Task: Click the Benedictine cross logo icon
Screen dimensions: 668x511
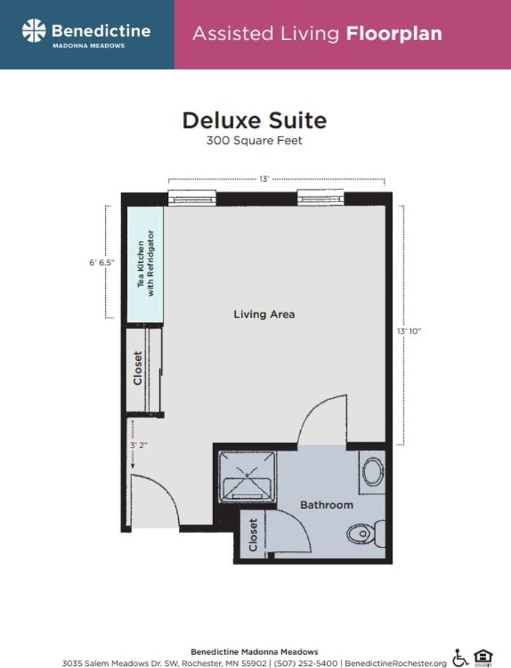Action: (34, 31)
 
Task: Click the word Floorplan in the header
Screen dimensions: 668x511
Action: (393, 34)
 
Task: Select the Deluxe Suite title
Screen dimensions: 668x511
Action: (254, 120)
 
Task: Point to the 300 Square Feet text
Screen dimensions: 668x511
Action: (254, 140)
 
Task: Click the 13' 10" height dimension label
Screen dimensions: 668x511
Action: (409, 331)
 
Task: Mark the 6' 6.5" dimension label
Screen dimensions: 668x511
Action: (103, 261)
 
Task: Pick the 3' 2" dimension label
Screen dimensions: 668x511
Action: (139, 444)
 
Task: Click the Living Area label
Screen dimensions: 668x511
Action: (264, 314)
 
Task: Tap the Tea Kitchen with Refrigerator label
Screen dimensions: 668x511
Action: (146, 264)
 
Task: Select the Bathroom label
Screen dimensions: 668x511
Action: (326, 504)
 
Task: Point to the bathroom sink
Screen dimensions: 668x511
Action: (373, 472)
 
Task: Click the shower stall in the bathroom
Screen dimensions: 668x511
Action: (248, 475)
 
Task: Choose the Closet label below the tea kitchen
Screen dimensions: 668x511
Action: (138, 369)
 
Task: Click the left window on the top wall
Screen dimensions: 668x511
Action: (192, 197)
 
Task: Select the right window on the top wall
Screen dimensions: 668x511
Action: (320, 197)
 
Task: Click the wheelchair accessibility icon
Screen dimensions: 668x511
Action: (461, 657)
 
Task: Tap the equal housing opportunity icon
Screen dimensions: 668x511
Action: (483, 657)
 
